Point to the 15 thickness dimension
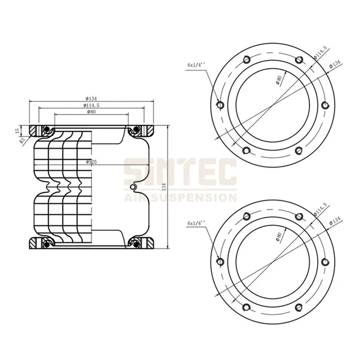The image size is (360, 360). (17, 130)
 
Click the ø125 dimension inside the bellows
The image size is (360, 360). (91, 162)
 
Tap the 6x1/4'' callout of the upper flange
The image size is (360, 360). (196, 65)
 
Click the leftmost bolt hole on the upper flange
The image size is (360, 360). (220, 105)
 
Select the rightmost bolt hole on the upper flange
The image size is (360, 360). (326, 105)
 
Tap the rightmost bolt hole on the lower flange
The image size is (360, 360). (326, 262)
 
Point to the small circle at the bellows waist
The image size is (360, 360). (132, 186)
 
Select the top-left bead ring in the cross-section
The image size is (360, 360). (46, 130)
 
